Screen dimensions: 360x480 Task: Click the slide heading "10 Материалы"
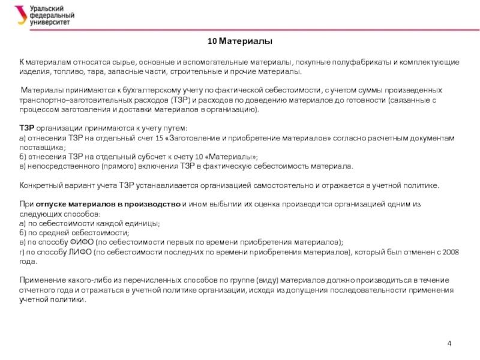click(x=240, y=41)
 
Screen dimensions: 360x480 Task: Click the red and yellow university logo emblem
click(x=21, y=15)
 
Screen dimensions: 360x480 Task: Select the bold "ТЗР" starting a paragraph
click(x=27, y=128)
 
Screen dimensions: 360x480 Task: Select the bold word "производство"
click(x=152, y=204)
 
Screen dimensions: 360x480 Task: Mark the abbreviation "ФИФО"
click(x=79, y=242)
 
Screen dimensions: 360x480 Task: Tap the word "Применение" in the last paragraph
click(x=43, y=280)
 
